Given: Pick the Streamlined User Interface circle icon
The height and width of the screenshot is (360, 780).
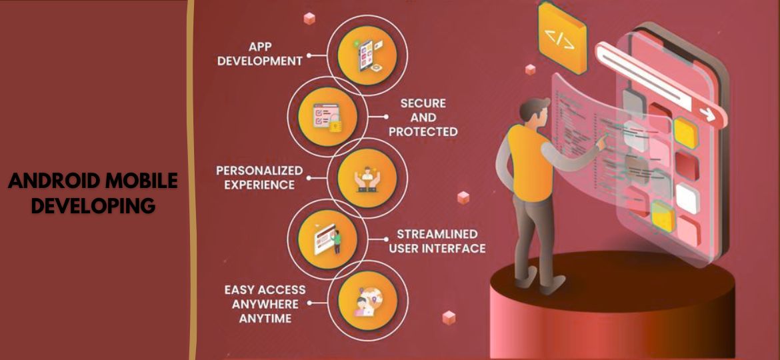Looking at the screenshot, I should click(x=323, y=238).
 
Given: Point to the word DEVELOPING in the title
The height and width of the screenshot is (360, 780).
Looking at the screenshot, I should click(x=93, y=205).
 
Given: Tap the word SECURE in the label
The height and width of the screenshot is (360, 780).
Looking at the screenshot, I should click(x=423, y=103).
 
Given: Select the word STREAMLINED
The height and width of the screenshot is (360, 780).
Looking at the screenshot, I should click(x=437, y=234).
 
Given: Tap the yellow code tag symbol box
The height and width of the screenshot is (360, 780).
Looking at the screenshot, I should click(x=561, y=38).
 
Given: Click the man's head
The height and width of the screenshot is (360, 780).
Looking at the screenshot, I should click(x=536, y=111).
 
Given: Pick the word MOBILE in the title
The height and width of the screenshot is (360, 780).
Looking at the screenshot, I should click(x=143, y=181).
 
